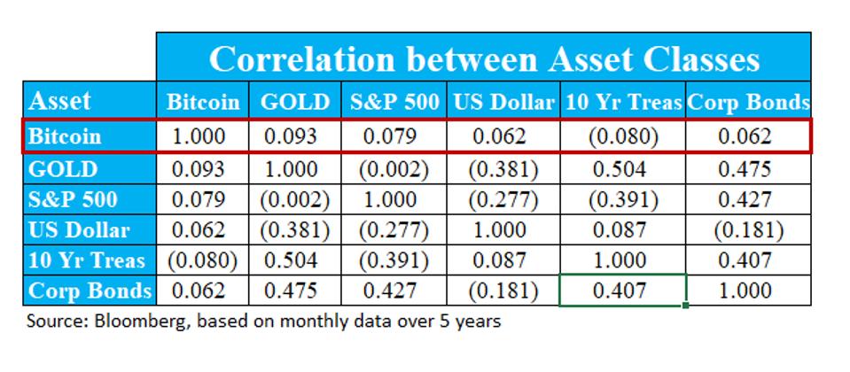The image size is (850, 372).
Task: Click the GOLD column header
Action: (295, 102)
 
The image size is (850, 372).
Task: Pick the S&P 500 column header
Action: (392, 102)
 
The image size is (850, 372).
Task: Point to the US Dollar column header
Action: (503, 102)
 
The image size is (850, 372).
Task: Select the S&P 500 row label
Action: (73, 199)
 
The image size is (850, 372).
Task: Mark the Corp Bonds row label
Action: (90, 291)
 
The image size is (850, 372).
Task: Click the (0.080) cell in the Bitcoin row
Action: (623, 137)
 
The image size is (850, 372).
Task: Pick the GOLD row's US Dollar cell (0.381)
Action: (503, 168)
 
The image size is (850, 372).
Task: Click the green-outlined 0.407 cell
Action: (623, 291)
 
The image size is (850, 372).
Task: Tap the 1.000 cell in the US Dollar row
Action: (503, 230)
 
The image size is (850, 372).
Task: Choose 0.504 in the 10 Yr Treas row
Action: (295, 261)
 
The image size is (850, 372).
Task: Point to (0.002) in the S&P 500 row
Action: (295, 199)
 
